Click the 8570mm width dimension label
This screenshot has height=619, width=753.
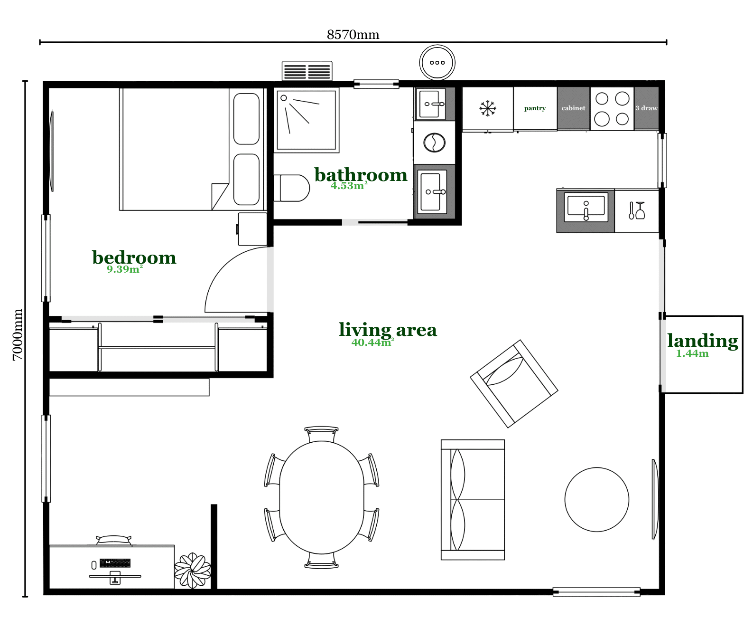tap(353, 35)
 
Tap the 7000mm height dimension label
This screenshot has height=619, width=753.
tap(18, 334)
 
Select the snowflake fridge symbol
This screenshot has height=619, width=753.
tap(487, 108)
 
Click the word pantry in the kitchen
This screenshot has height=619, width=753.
tap(534, 108)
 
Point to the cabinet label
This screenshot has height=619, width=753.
tap(573, 108)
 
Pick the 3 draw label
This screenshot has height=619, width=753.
tap(646, 108)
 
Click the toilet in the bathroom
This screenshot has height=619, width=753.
tap(291, 188)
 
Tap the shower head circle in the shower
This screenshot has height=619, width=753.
tap(284, 98)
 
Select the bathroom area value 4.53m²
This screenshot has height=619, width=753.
tap(348, 185)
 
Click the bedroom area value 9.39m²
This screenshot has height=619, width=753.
tap(125, 269)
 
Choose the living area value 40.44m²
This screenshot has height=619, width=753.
tap(372, 342)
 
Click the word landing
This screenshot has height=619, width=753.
tap(703, 341)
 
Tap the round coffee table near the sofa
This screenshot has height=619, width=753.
tap(596, 500)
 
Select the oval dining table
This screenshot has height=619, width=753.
tap(321, 497)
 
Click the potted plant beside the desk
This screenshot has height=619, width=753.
tap(193, 570)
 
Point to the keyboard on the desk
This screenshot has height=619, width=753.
tap(115, 563)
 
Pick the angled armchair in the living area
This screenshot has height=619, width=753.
tap(514, 383)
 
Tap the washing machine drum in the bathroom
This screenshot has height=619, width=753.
tap(434, 143)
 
